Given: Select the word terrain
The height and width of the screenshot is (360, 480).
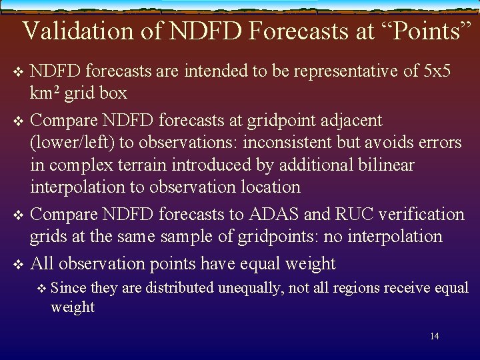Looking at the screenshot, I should click(x=165, y=165).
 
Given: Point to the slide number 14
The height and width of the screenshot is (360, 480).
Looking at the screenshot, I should click(x=434, y=336).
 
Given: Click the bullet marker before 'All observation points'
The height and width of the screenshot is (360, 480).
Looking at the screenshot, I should click(x=17, y=265).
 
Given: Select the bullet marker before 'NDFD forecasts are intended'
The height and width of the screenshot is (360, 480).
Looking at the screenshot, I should click(x=17, y=71).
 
